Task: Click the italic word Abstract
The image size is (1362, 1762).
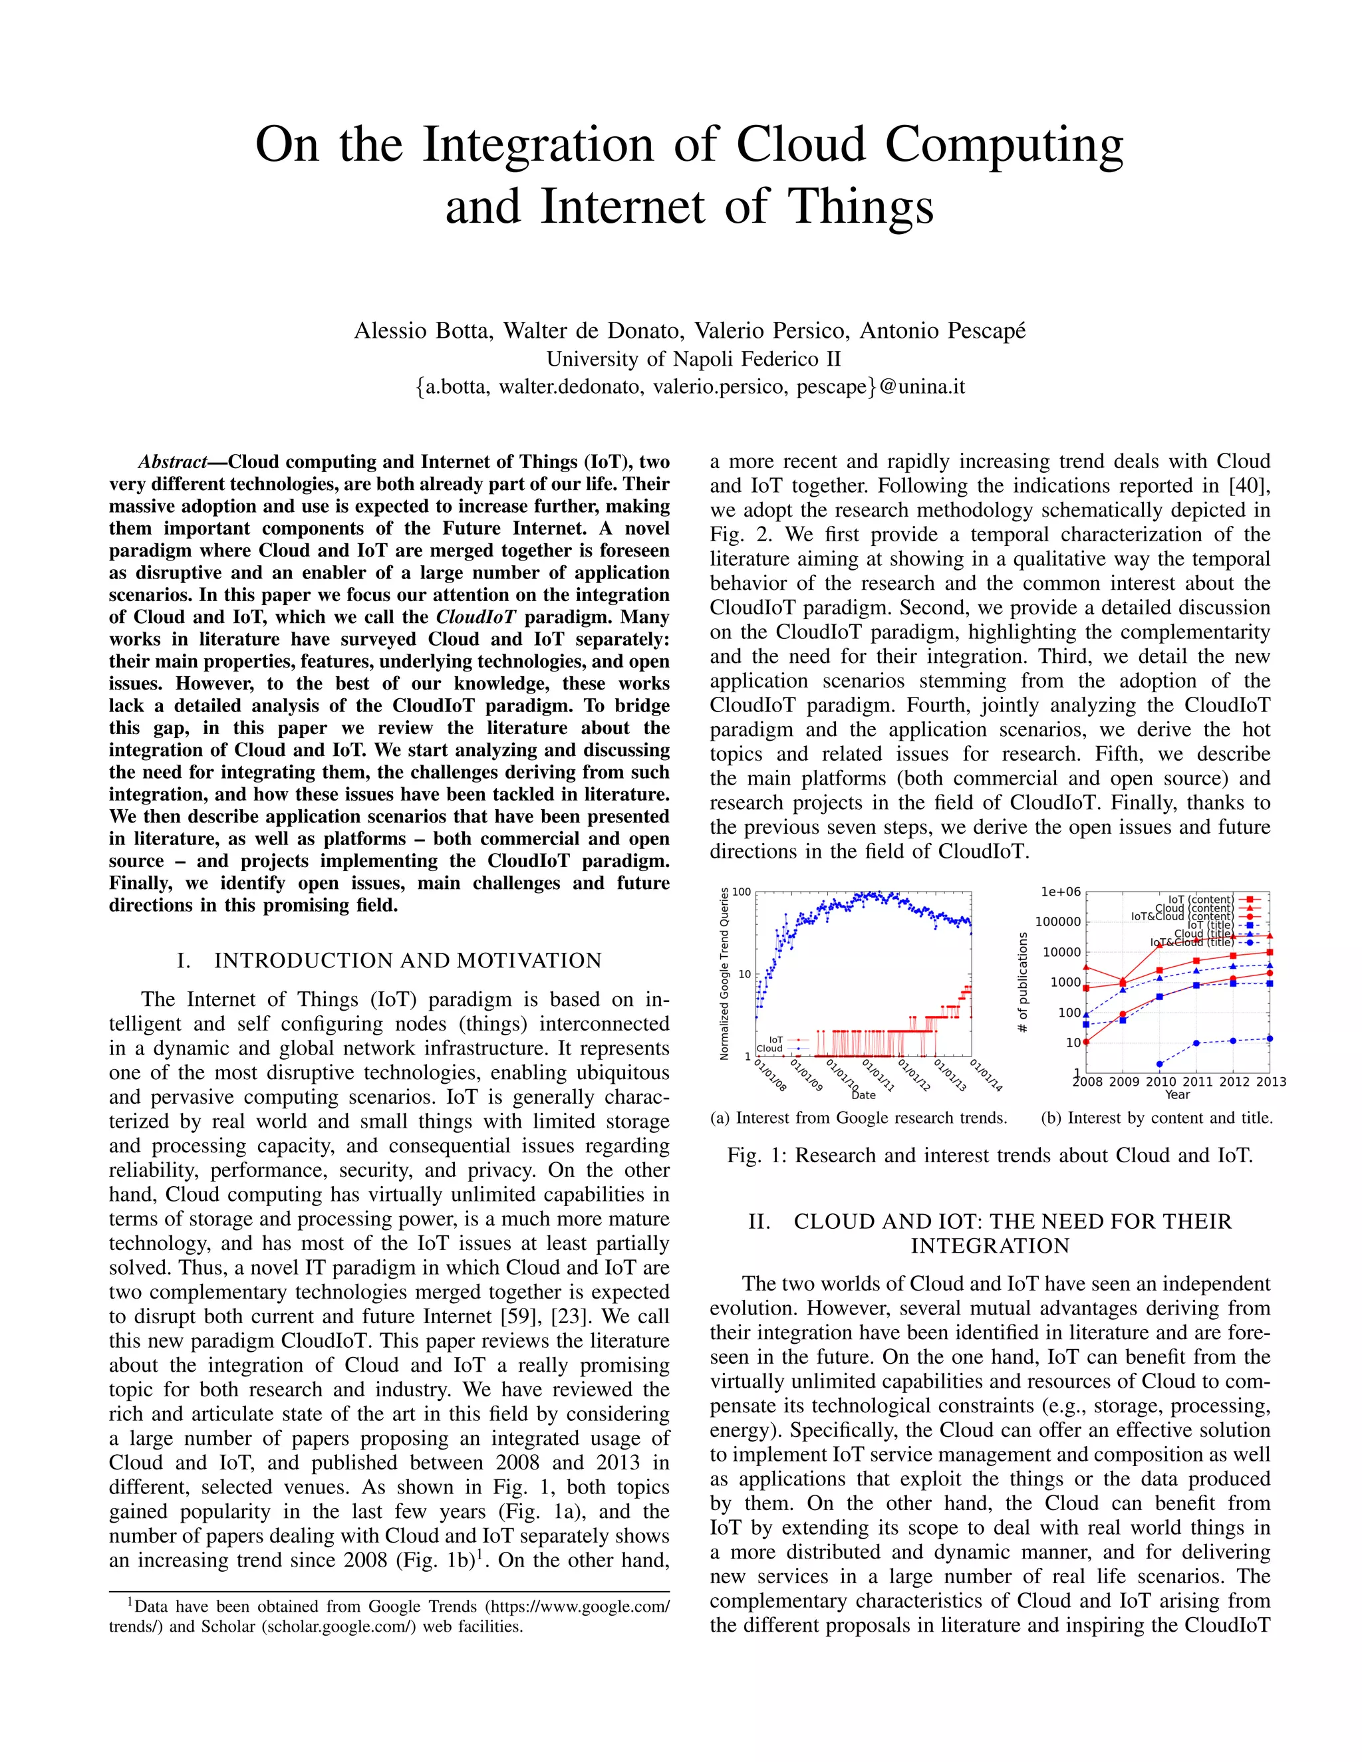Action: click(x=172, y=462)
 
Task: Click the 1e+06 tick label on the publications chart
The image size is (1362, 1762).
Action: click(x=1060, y=892)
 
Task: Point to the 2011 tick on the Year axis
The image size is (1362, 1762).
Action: click(x=1196, y=1082)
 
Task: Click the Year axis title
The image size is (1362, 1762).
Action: click(x=1177, y=1095)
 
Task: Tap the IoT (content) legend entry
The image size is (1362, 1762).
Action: click(x=1200, y=899)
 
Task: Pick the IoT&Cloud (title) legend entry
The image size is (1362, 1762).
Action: click(x=1192, y=942)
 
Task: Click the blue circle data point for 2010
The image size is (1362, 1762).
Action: click(x=1159, y=1064)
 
